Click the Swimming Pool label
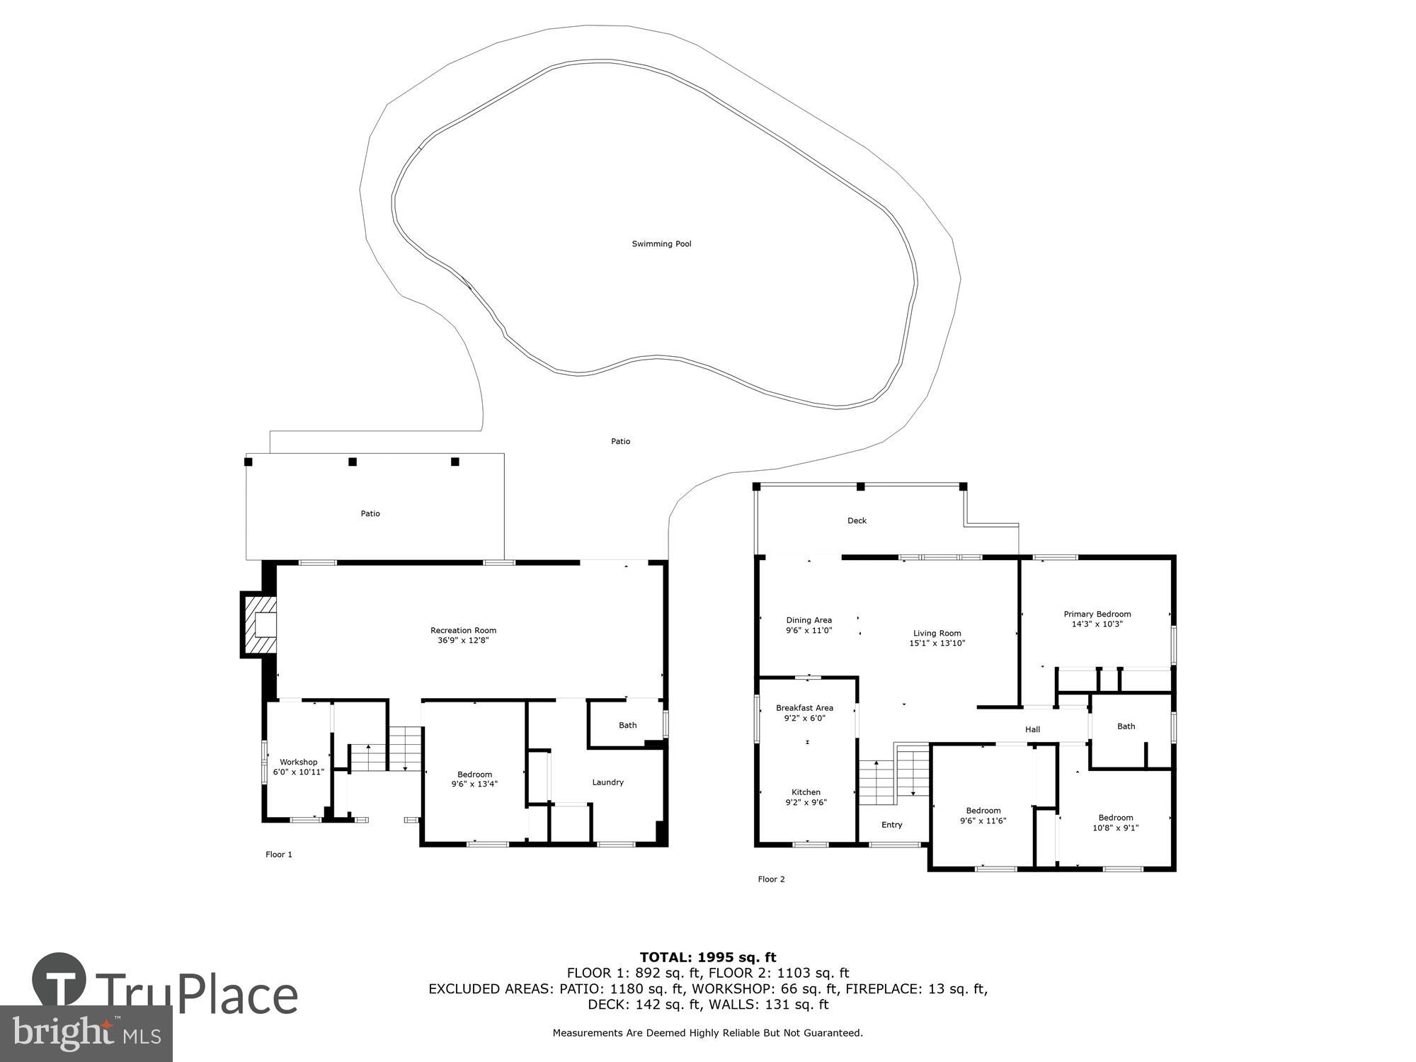coord(661,244)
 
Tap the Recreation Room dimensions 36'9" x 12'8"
coord(463,640)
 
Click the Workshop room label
coord(298,762)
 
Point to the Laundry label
coord(607,782)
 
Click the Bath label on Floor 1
coord(627,725)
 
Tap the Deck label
coord(857,520)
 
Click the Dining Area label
coord(809,620)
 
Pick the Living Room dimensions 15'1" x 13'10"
coord(937,644)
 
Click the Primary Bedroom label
coord(1097,614)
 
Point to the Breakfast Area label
coord(804,708)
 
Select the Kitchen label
coord(806,792)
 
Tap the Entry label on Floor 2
coord(891,825)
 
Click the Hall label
coord(1032,729)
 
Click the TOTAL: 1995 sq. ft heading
coord(707,957)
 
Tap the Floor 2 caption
coord(771,879)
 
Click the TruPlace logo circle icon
coord(59,980)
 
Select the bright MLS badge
coord(86,1034)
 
